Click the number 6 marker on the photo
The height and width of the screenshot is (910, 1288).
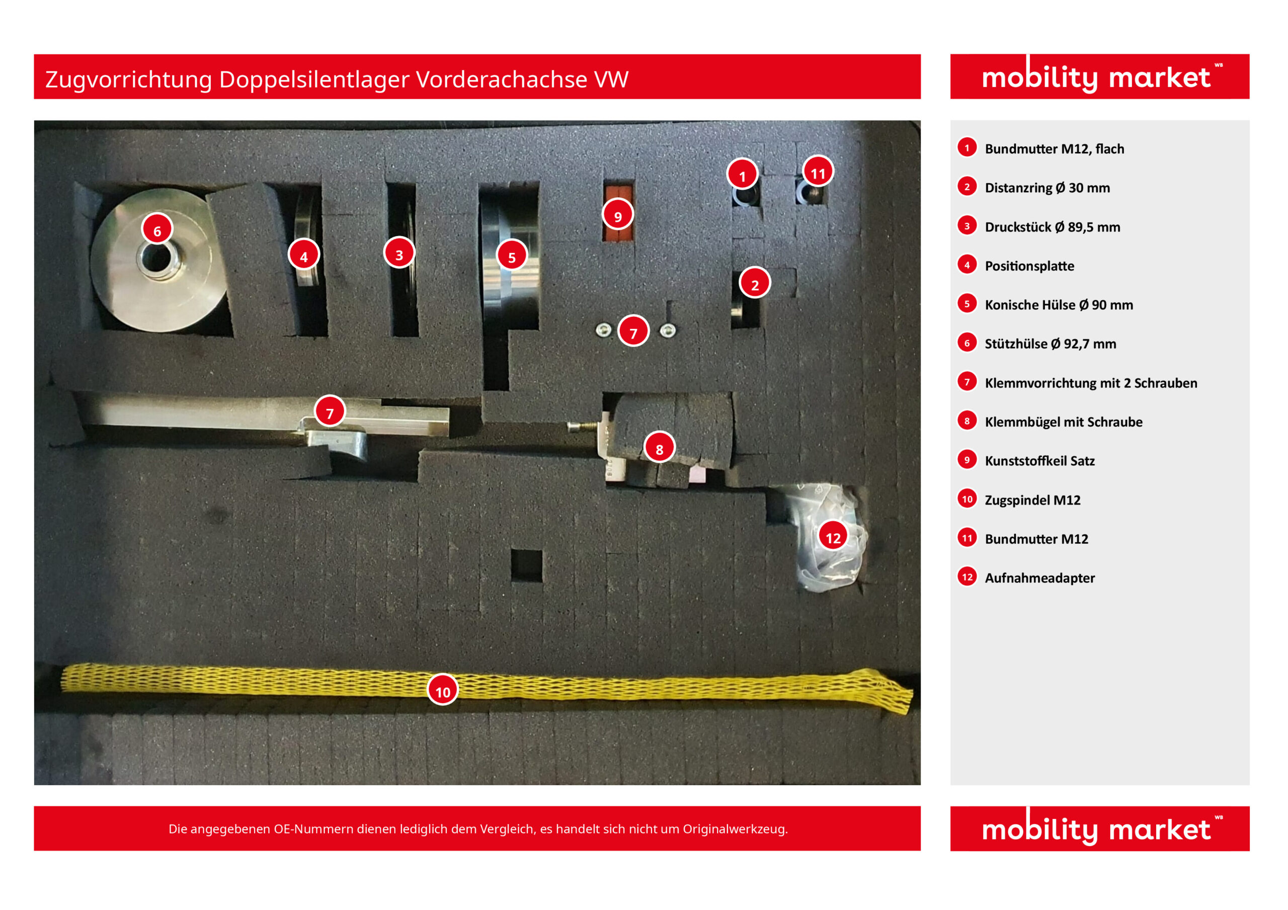tap(157, 229)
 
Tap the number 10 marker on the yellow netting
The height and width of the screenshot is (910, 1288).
tap(443, 690)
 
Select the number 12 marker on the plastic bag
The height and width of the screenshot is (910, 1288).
tap(833, 536)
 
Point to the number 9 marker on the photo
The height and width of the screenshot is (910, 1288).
tap(618, 215)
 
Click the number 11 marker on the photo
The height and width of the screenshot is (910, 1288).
tap(818, 172)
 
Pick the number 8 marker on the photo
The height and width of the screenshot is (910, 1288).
tap(659, 447)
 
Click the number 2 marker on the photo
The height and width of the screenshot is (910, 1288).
tap(755, 283)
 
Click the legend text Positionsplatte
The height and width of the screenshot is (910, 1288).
tap(1029, 266)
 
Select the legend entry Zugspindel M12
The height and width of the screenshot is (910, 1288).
tap(1032, 500)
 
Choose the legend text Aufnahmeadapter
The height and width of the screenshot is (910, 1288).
tap(1039, 578)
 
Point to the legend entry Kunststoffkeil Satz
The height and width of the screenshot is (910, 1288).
tap(1039, 461)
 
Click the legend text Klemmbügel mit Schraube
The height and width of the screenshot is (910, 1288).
tap(1064, 422)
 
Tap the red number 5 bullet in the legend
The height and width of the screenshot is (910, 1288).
tap(967, 303)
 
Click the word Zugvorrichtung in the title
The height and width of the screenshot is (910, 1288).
tap(128, 79)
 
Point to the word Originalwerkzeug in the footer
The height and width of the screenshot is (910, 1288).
tap(735, 829)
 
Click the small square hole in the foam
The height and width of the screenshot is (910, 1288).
tap(526, 565)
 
